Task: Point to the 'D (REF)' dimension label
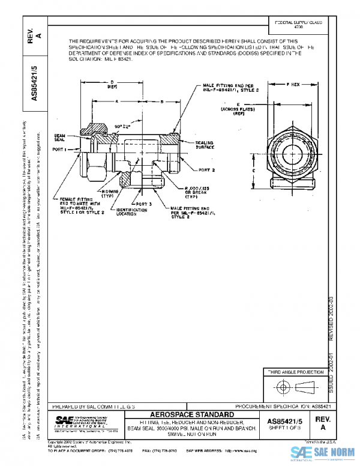point(112,85)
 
